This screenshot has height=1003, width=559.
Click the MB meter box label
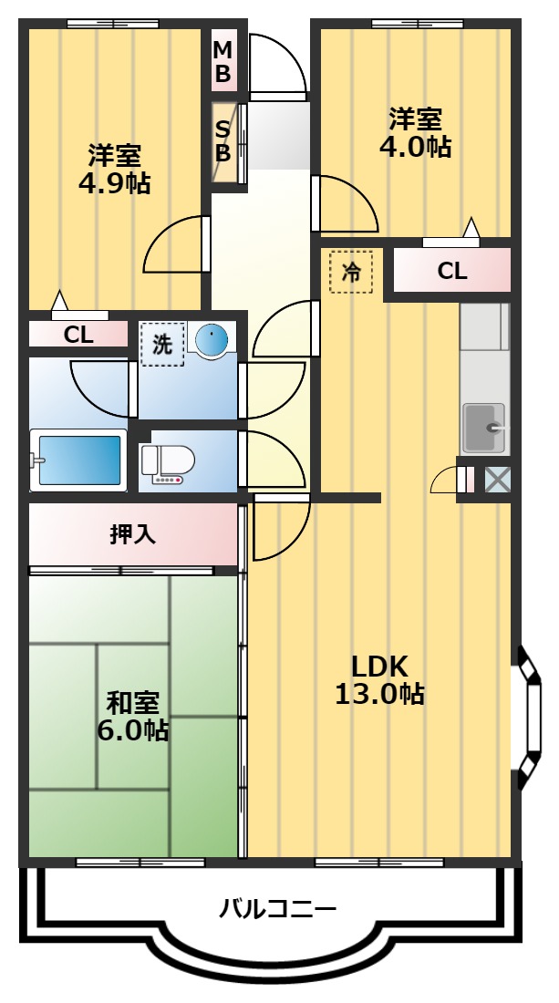point(223,60)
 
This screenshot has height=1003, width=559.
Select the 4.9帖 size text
point(114,183)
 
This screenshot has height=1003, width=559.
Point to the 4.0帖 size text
point(415,148)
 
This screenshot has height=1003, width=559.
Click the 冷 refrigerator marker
point(351,271)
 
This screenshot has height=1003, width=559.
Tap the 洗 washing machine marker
point(161,345)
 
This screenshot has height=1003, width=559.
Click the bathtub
point(78,460)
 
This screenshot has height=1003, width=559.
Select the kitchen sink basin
point(483,427)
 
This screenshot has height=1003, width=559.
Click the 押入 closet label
point(133,534)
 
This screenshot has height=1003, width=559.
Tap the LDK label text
point(379,665)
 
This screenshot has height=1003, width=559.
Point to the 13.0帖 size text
point(379,695)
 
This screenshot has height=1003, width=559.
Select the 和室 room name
point(133,702)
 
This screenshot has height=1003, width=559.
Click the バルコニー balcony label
point(277,908)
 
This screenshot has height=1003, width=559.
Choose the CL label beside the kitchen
point(451,271)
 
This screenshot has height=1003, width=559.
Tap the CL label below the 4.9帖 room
point(78,335)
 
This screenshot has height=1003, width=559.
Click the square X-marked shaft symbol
point(497,480)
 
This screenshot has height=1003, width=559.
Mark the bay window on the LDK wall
point(526,715)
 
